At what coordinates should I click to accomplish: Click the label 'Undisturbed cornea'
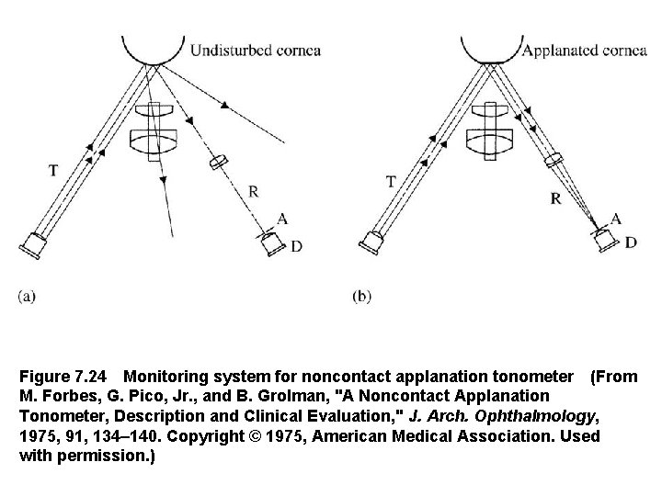[x=255, y=50]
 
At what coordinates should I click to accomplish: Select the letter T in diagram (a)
[x=54, y=169]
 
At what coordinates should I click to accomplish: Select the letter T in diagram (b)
[x=391, y=181]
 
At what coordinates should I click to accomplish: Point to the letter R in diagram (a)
[x=253, y=191]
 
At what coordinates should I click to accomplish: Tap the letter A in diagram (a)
[x=285, y=219]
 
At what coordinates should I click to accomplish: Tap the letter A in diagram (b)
[x=616, y=219]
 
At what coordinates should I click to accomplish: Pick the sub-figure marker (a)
[x=27, y=296]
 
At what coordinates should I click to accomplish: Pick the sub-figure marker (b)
[x=363, y=296]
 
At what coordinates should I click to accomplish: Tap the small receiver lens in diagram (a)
[x=218, y=162]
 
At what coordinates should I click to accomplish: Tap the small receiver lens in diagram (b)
[x=553, y=161]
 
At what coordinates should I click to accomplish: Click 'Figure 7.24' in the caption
[x=63, y=377]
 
